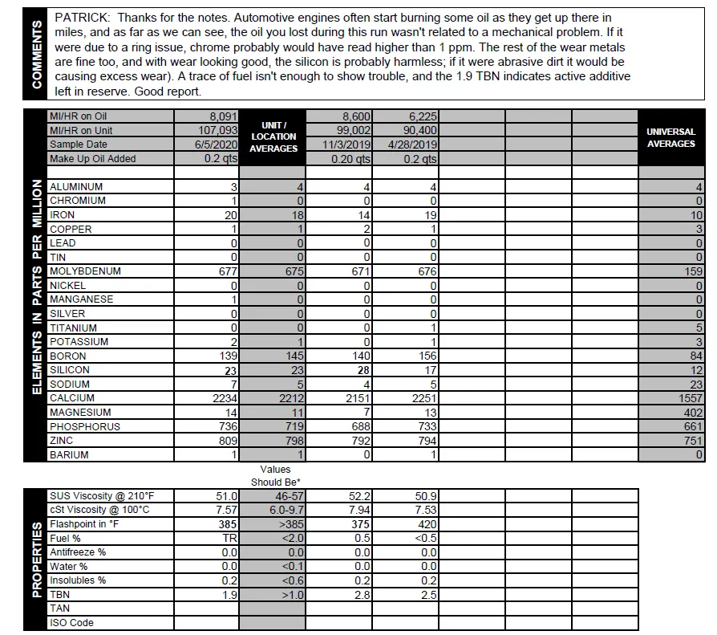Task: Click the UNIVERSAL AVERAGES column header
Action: pos(670,137)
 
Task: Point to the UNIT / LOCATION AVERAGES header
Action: pos(274,137)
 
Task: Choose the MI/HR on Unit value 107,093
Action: pos(217,130)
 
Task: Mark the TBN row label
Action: pos(60,595)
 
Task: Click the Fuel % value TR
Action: pos(230,539)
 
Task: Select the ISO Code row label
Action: pos(71,623)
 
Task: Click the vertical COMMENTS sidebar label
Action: pos(36,55)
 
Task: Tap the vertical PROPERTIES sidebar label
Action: pos(36,560)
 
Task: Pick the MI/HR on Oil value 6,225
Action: pos(422,116)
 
